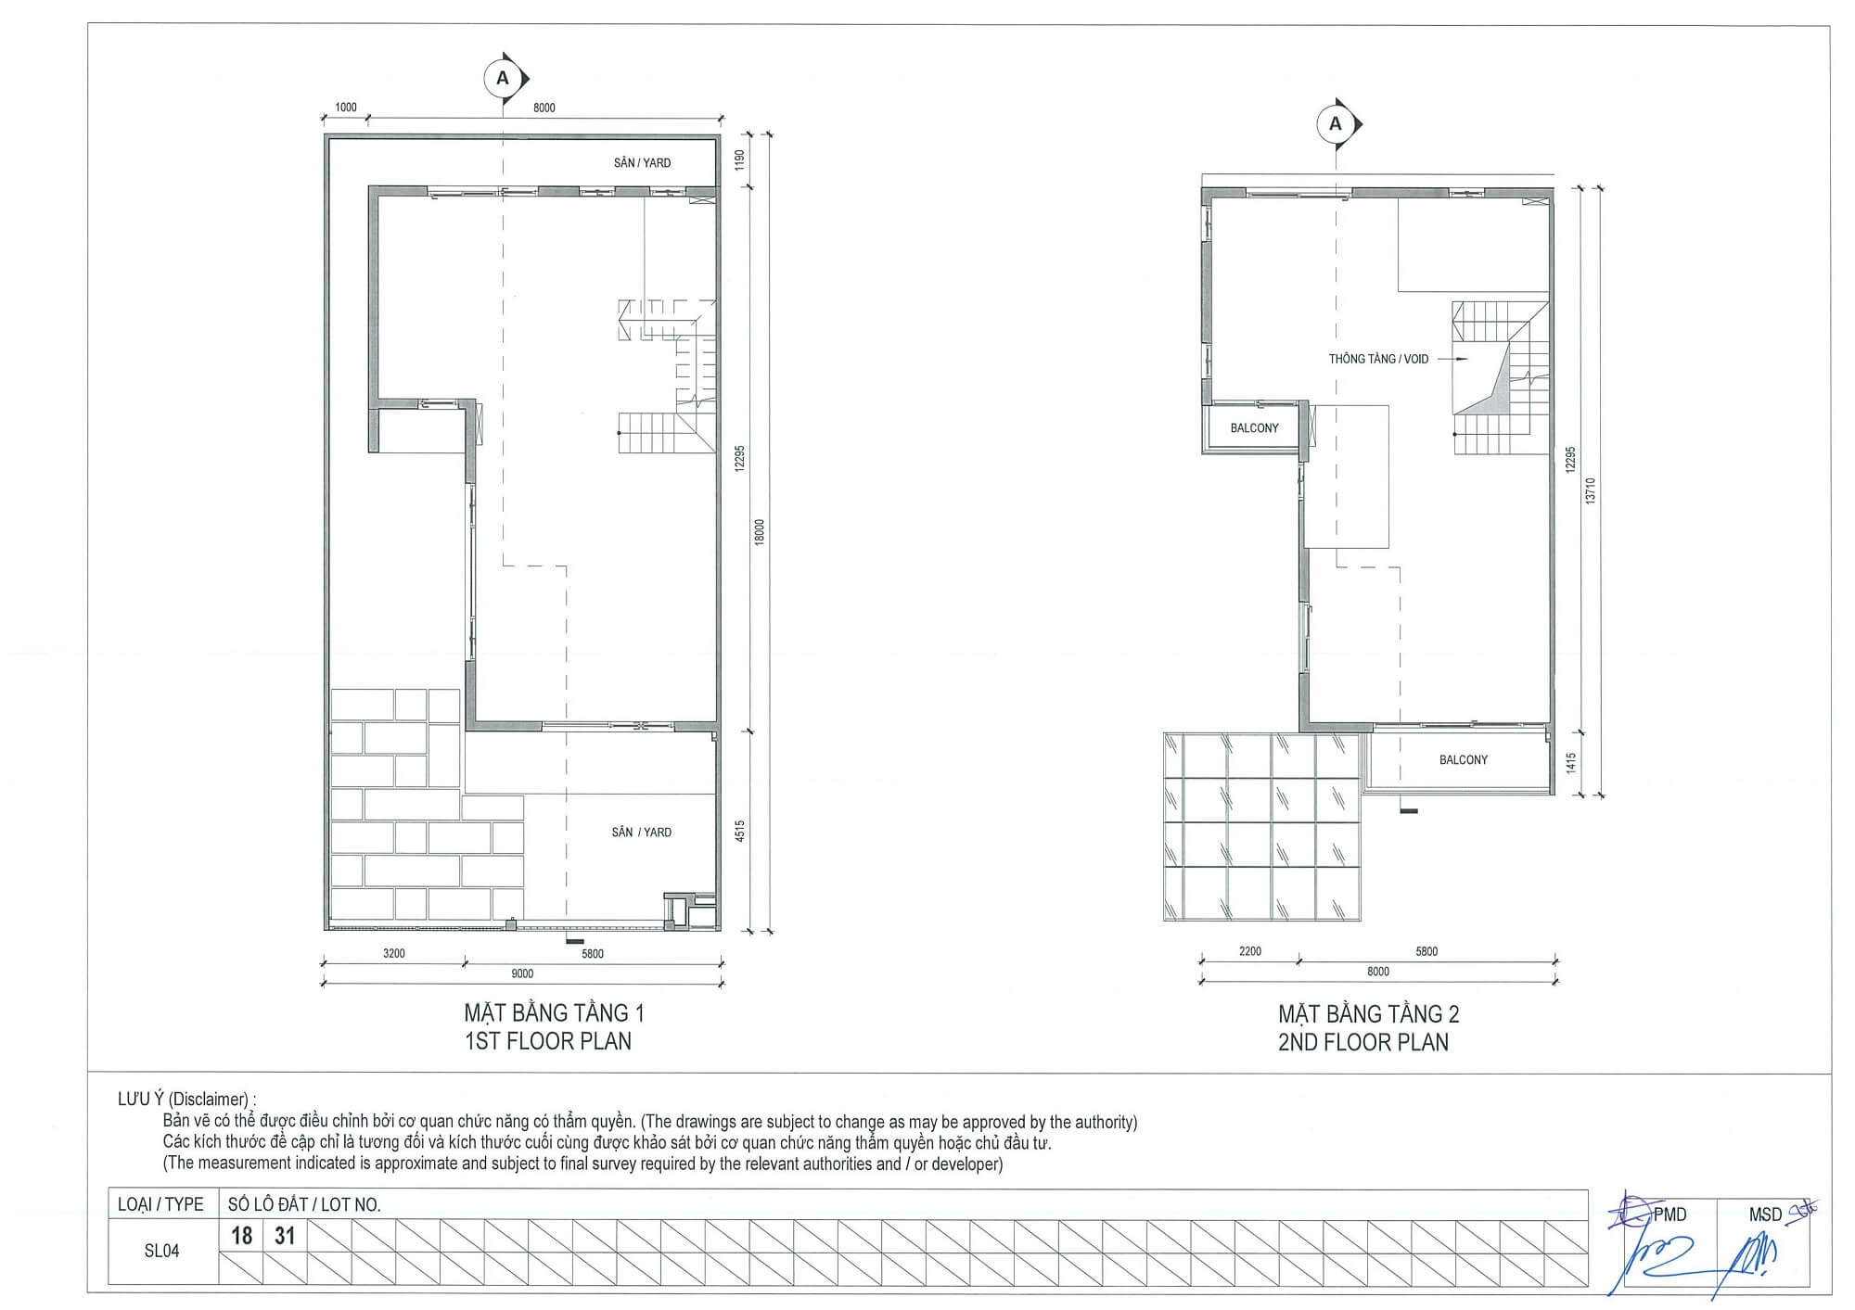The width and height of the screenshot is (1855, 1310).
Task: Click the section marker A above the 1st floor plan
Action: coord(504,79)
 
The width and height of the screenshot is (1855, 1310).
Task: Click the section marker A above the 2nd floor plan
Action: coord(1337,123)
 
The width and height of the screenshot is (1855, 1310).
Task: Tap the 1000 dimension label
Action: coord(345,108)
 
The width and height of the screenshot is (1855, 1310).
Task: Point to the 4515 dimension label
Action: coord(740,832)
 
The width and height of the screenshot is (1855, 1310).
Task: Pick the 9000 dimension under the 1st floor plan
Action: coord(522,973)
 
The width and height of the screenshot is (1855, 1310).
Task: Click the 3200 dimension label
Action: coord(394,953)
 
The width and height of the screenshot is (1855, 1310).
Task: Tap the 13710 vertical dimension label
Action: coord(1591,490)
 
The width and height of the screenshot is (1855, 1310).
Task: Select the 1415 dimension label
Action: coord(1570,763)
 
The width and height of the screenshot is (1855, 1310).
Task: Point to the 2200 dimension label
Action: coord(1250,951)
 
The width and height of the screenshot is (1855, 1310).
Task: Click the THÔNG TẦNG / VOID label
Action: coord(1378,359)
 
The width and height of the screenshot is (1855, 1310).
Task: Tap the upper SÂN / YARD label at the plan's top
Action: coord(642,162)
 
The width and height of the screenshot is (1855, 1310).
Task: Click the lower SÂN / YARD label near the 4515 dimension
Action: coord(642,832)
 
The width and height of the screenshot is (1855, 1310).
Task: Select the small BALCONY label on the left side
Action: coord(1254,428)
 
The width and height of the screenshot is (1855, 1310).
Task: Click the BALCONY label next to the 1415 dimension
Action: coord(1464,760)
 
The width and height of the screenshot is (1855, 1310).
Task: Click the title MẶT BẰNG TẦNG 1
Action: coord(554,1012)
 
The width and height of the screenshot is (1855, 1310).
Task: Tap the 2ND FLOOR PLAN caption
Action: coord(1363,1043)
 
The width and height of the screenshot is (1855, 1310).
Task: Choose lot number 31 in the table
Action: coord(285,1236)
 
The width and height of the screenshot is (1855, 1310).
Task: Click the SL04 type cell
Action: coord(161,1251)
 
